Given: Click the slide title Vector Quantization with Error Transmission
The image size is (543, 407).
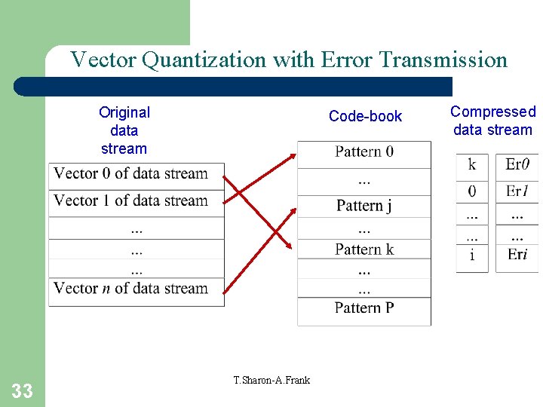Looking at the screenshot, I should tap(289, 60).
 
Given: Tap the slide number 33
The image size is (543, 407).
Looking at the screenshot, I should tap(23, 390).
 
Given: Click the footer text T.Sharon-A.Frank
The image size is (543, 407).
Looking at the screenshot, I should tap(271, 379).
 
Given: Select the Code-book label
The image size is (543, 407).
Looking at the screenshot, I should tap(365, 116).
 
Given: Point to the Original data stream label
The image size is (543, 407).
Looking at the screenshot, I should tap(124, 130).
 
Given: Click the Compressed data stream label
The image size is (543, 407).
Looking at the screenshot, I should tap(492, 121).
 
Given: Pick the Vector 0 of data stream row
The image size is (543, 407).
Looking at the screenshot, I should tap(131, 173).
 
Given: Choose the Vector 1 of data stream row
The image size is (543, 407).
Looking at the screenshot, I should tap(131, 200).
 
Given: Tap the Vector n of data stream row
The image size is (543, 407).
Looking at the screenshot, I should tap(131, 288).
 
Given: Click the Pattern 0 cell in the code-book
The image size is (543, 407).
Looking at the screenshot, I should tap(364, 151).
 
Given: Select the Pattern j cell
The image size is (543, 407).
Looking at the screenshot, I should tap(364, 205).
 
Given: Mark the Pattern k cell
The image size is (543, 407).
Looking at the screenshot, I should tap(364, 249).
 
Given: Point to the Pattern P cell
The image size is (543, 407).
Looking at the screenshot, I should tap(364, 308).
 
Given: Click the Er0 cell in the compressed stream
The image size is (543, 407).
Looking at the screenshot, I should tap(517, 164).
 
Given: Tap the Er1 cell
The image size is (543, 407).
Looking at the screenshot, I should tap(517, 191).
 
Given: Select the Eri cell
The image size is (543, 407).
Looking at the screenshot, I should tap(517, 255).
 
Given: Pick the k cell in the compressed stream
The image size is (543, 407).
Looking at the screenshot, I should tap(472, 164).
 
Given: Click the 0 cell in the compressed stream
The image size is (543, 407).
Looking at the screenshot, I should tap(472, 191).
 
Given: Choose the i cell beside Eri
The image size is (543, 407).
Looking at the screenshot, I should tap(472, 255).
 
